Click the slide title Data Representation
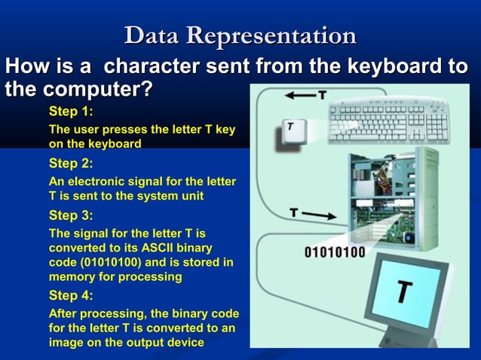pyautogui.click(x=240, y=35)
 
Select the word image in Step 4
pyautogui.click(x=66, y=342)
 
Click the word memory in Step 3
pyautogui.click(x=72, y=276)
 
